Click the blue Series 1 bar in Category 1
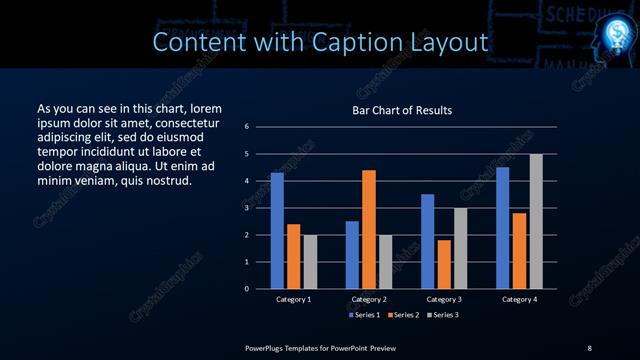click(277, 231)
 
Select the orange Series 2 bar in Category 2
click(369, 229)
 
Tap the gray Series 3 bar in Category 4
click(536, 221)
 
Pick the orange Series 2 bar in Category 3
click(444, 264)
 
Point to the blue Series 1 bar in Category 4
click(502, 228)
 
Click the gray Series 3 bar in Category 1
click(310, 261)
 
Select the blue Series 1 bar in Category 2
click(352, 255)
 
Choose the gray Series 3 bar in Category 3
click(460, 248)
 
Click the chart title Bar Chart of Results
click(402, 110)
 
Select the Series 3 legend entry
click(445, 315)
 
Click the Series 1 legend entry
click(365, 315)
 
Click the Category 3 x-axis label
click(444, 299)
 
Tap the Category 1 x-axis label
click(294, 299)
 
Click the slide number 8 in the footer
click(589, 347)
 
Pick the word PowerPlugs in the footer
click(268, 347)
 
